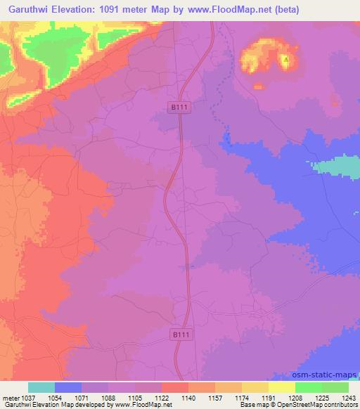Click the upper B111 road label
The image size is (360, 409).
pos(180,107)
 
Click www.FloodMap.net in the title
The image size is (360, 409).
pos(221,10)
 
